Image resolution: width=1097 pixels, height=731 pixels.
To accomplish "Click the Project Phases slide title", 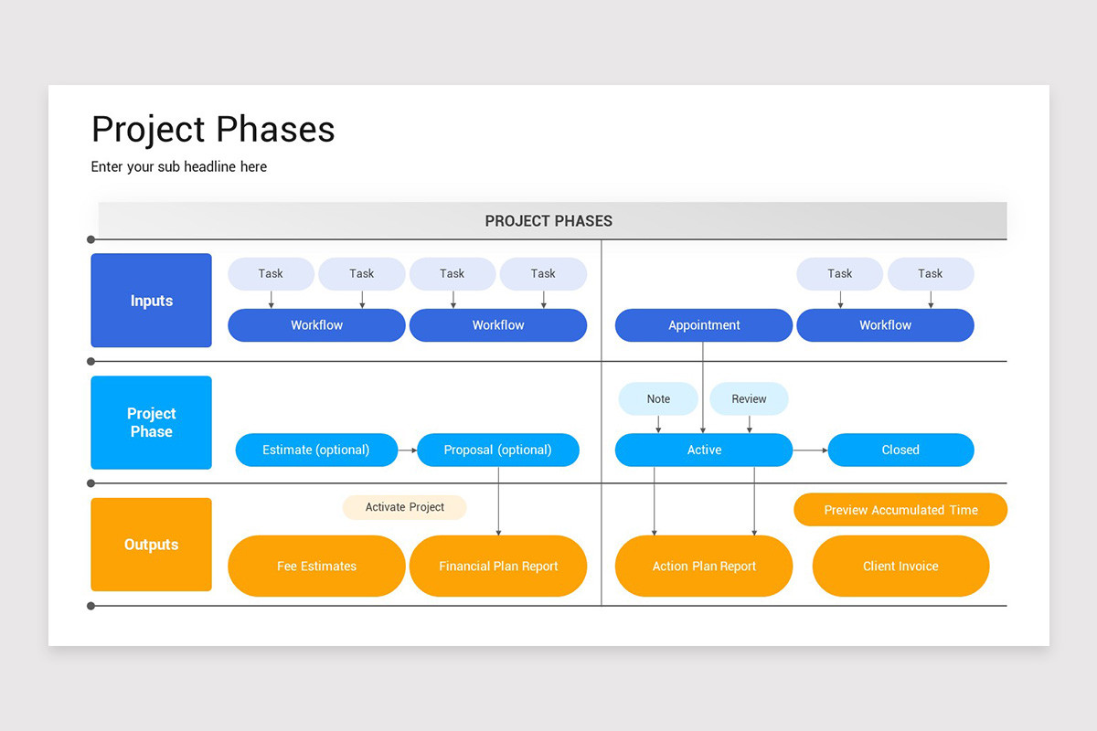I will click(x=213, y=130).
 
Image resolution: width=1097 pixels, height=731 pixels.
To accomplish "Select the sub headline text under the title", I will click(x=179, y=166).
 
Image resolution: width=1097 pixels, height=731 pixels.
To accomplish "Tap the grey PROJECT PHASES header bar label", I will click(x=548, y=221).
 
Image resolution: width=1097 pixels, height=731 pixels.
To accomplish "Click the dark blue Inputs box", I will click(x=152, y=301).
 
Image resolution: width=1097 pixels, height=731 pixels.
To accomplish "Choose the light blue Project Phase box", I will click(x=152, y=422).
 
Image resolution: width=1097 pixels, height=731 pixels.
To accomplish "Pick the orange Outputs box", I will click(x=152, y=545).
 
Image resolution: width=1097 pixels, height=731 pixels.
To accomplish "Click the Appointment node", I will click(x=704, y=325).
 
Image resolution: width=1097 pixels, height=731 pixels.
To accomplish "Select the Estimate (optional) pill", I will click(x=316, y=450).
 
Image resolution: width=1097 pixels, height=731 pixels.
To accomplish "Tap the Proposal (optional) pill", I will click(x=498, y=450).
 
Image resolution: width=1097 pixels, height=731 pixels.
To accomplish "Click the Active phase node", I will click(x=704, y=450).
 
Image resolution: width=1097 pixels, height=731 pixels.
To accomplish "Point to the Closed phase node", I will click(x=900, y=450).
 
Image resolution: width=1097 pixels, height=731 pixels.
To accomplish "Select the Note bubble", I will click(x=658, y=398).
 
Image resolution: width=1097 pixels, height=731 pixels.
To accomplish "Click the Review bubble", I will click(x=749, y=398).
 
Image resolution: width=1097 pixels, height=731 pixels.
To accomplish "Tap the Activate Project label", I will click(x=405, y=507).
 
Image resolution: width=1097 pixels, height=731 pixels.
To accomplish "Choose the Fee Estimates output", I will click(x=316, y=566).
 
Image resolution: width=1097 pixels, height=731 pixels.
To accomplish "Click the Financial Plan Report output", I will click(x=498, y=566).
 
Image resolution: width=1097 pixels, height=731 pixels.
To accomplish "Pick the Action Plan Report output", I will click(x=704, y=566).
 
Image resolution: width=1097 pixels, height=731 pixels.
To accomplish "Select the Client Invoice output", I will click(x=900, y=566).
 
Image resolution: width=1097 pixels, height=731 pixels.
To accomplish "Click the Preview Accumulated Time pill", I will click(x=900, y=510).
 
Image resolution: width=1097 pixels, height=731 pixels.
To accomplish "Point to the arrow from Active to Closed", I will click(x=810, y=450).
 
